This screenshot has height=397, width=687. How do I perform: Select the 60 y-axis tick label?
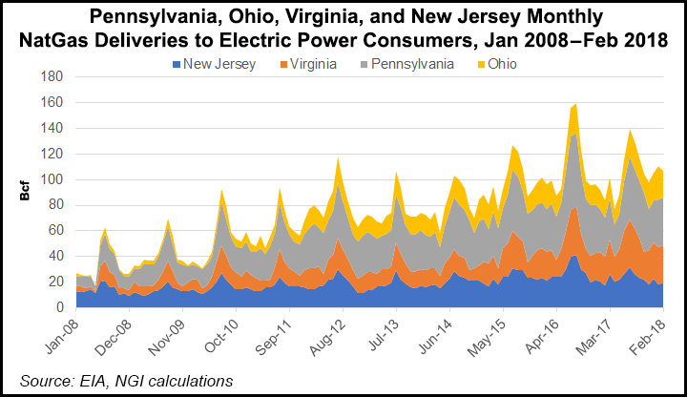(54, 231)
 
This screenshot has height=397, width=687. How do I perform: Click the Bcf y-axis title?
(24, 192)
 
